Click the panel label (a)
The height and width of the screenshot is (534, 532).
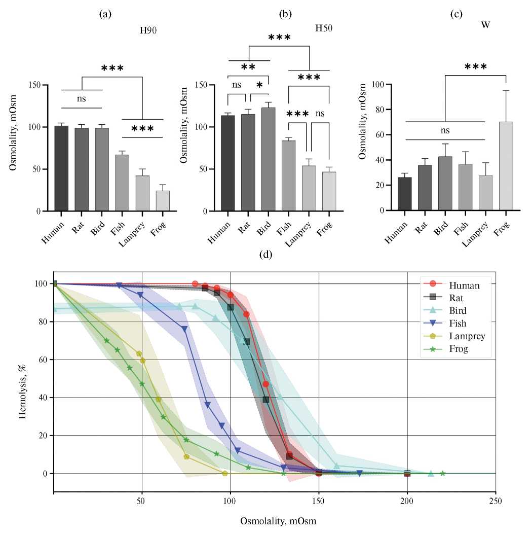click(x=105, y=14)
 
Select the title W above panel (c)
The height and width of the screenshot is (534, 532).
click(x=485, y=25)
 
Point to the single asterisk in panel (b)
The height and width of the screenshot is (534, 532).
click(x=260, y=86)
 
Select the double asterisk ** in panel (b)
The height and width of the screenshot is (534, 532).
click(x=248, y=67)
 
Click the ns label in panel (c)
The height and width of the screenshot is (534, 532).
click(x=445, y=131)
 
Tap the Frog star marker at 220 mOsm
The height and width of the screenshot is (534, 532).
click(x=442, y=473)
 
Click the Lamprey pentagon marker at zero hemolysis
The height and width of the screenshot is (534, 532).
click(x=225, y=473)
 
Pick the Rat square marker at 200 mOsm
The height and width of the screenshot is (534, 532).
click(x=407, y=473)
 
